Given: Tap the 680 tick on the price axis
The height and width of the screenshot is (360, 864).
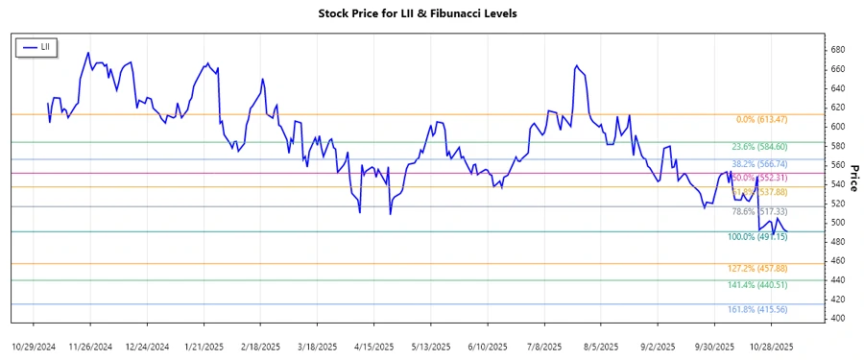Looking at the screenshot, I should pyautogui.click(x=837, y=50).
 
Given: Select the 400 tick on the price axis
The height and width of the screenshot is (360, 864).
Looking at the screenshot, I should pyautogui.click(x=837, y=319).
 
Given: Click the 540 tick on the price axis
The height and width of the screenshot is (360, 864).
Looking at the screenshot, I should pyautogui.click(x=837, y=184).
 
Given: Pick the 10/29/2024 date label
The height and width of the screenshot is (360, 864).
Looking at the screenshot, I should pyautogui.click(x=34, y=346).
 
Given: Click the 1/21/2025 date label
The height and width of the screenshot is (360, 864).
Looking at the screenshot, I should pyautogui.click(x=204, y=346).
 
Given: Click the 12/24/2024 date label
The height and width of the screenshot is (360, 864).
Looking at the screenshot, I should pyautogui.click(x=147, y=346).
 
